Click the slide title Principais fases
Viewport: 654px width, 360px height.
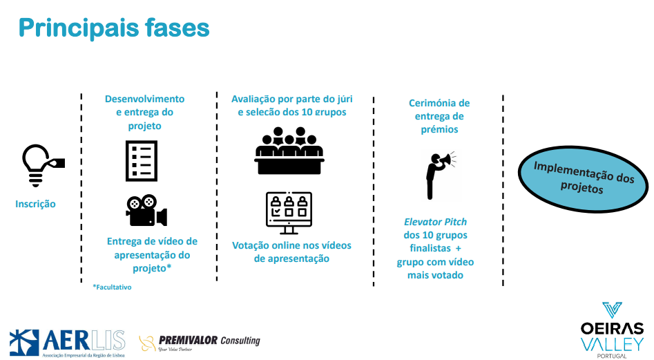[x=113, y=28]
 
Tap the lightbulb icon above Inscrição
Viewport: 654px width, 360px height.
[x=39, y=164]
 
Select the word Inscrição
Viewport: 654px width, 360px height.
[x=35, y=204]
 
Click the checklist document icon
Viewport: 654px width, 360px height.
[x=141, y=160]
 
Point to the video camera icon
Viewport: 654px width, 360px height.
[x=146, y=210]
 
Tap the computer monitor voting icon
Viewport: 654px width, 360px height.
[x=289, y=212]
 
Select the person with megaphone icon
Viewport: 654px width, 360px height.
[x=436, y=173]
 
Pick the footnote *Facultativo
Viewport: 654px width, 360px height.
[x=112, y=287]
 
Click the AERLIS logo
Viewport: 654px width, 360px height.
[x=67, y=341]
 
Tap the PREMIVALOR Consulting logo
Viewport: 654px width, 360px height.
[x=200, y=341]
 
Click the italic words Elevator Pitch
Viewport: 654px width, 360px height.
[x=435, y=222]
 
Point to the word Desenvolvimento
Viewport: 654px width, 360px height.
[x=144, y=99]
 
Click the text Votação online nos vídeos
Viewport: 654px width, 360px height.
[x=291, y=245]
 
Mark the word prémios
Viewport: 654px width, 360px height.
[x=439, y=129]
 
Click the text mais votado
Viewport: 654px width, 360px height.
[x=435, y=275]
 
